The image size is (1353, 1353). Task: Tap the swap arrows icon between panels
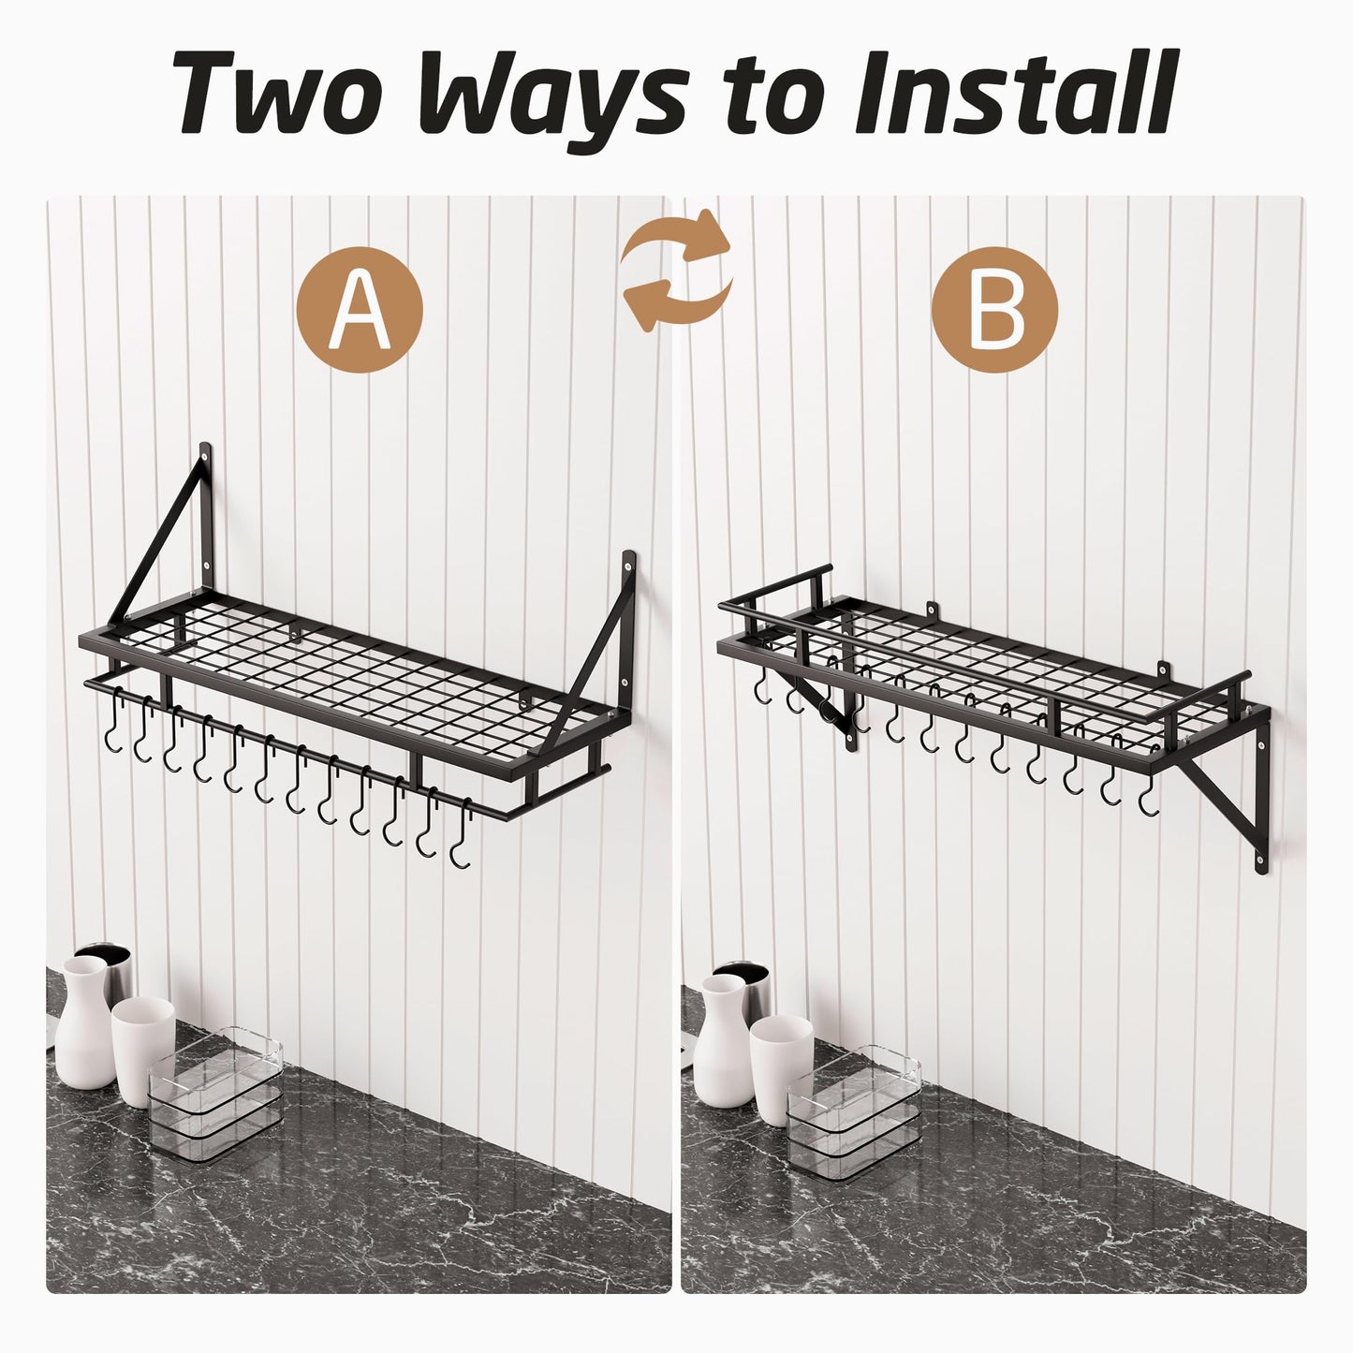678,271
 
